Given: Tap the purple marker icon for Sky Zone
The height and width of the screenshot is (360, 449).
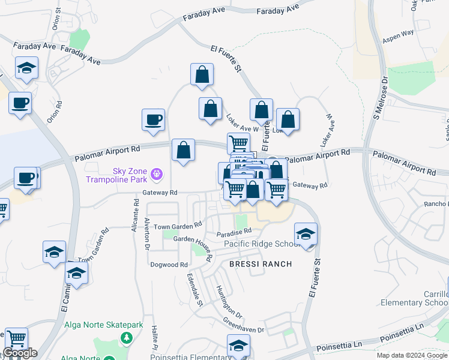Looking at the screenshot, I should tap(157, 175).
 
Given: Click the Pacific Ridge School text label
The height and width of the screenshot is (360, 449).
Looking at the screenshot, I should tap(262, 244).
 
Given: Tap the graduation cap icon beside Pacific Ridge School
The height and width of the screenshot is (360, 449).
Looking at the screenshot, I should tap(306, 234).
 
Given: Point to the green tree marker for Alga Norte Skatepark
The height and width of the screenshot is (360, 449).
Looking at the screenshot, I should tap(126, 338).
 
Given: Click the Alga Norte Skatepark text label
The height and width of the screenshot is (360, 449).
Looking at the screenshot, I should tap(104, 325).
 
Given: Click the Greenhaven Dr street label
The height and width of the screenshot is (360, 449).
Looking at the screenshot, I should tap(244, 326).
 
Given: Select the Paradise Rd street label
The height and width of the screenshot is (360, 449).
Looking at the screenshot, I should tap(235, 232).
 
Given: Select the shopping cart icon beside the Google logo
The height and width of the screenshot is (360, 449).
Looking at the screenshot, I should tap(16, 338).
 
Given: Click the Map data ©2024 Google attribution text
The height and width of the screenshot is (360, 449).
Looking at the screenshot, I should tap(412, 355).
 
